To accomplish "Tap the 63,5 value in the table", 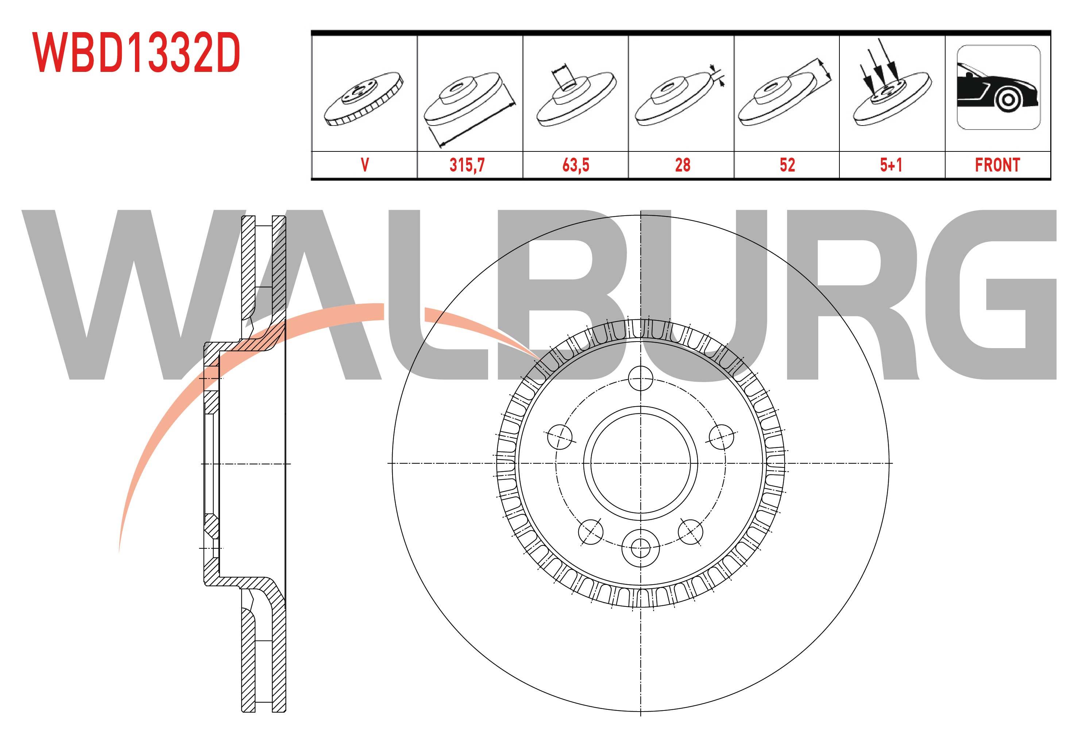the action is coord(576,165).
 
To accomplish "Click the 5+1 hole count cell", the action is coord(891,165).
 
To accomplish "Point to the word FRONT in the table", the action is coord(998,165).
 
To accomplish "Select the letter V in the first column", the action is coord(365,165).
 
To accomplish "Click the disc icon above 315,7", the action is coord(470,108).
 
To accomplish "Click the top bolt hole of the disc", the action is coord(640,378).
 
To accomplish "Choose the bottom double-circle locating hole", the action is coord(640,547).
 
